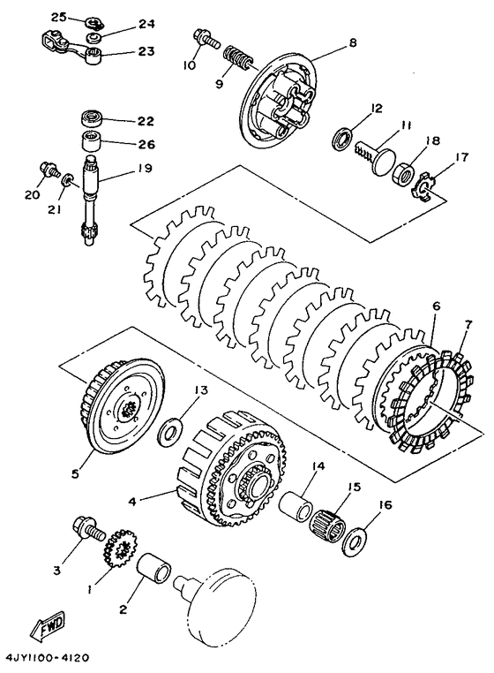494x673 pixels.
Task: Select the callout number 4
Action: coord(132,499)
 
